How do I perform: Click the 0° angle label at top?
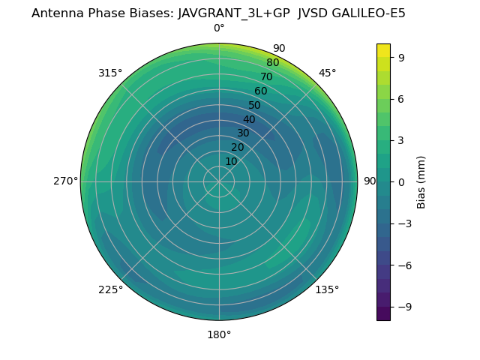[219, 28]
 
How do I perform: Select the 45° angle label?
[327, 73]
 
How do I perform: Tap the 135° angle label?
[327, 289]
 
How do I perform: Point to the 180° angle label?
[219, 334]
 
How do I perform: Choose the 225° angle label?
[110, 289]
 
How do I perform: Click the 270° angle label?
[65, 181]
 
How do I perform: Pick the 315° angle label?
[110, 73]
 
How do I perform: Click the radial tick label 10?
[231, 161]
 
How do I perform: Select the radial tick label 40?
[249, 119]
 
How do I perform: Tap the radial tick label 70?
[266, 76]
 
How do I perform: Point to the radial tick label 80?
[272, 62]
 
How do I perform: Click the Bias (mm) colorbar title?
[421, 181]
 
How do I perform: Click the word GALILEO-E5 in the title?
[362, 13]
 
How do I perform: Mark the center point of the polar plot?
[219, 181]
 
